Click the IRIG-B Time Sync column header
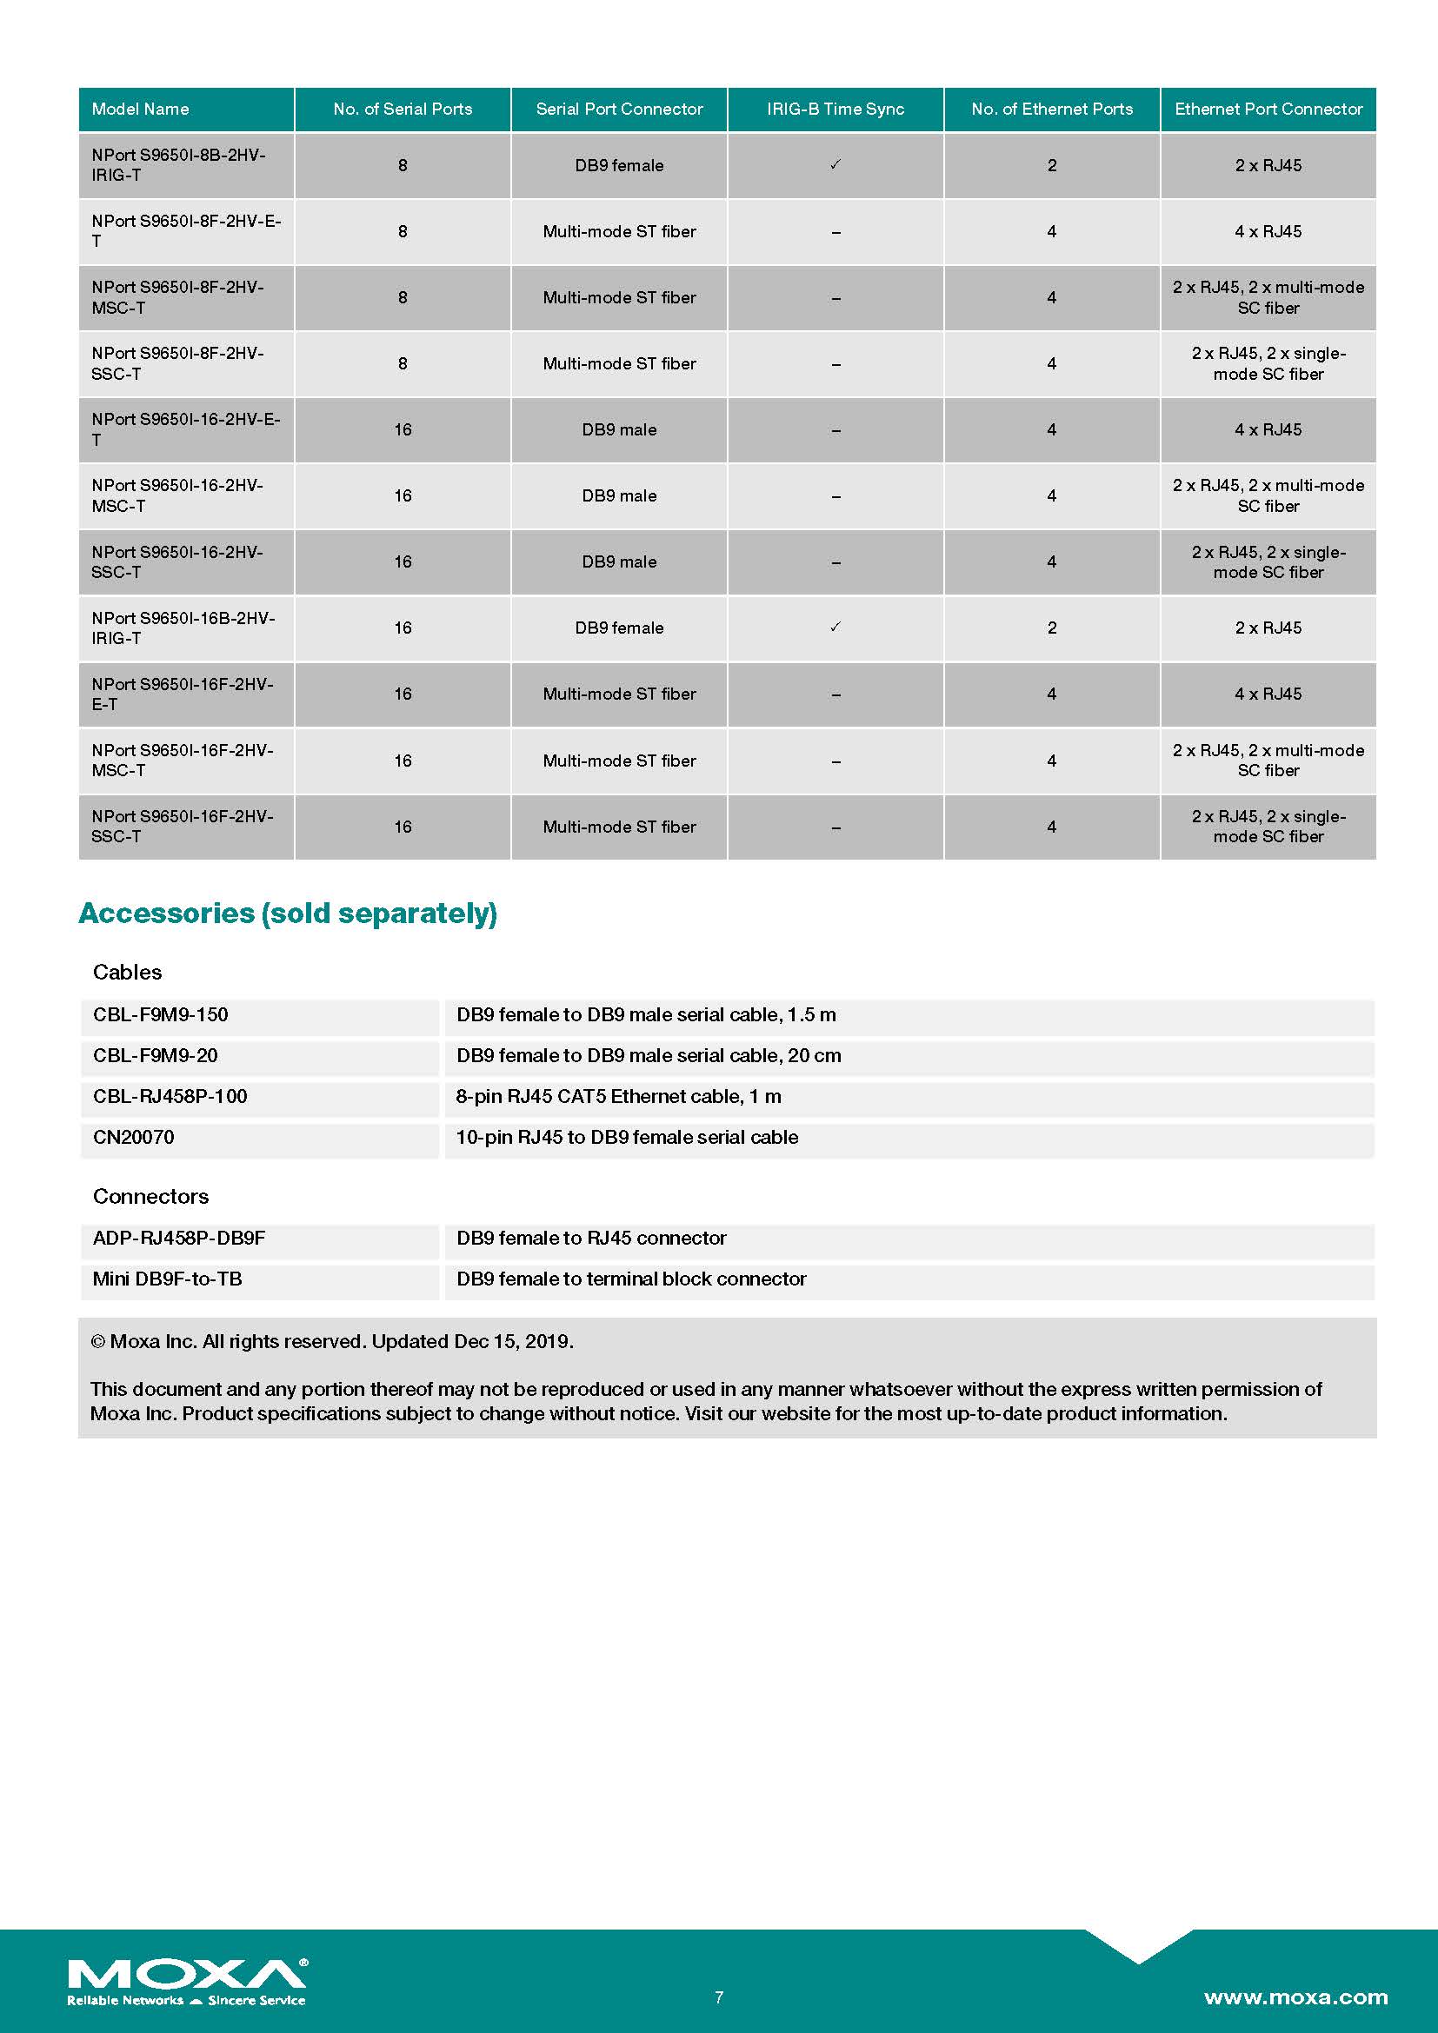click(835, 109)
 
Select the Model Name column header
click(140, 109)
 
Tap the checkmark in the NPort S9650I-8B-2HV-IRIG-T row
click(835, 164)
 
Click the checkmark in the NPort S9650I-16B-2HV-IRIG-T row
click(835, 627)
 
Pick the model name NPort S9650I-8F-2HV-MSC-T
click(177, 297)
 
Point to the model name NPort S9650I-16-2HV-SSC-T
click(177, 561)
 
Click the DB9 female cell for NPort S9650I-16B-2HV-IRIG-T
click(619, 628)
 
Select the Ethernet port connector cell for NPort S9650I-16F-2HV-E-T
click(1268, 694)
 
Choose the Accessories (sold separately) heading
click(288, 913)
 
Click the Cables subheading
click(128, 973)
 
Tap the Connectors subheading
click(150, 1196)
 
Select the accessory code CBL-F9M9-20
click(155, 1055)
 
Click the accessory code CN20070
click(134, 1137)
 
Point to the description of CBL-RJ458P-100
click(618, 1096)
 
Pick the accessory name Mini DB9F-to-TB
click(167, 1279)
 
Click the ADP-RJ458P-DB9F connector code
click(179, 1238)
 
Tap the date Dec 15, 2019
click(513, 1341)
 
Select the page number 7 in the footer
click(719, 1996)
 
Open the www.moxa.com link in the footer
click(1295, 1996)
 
